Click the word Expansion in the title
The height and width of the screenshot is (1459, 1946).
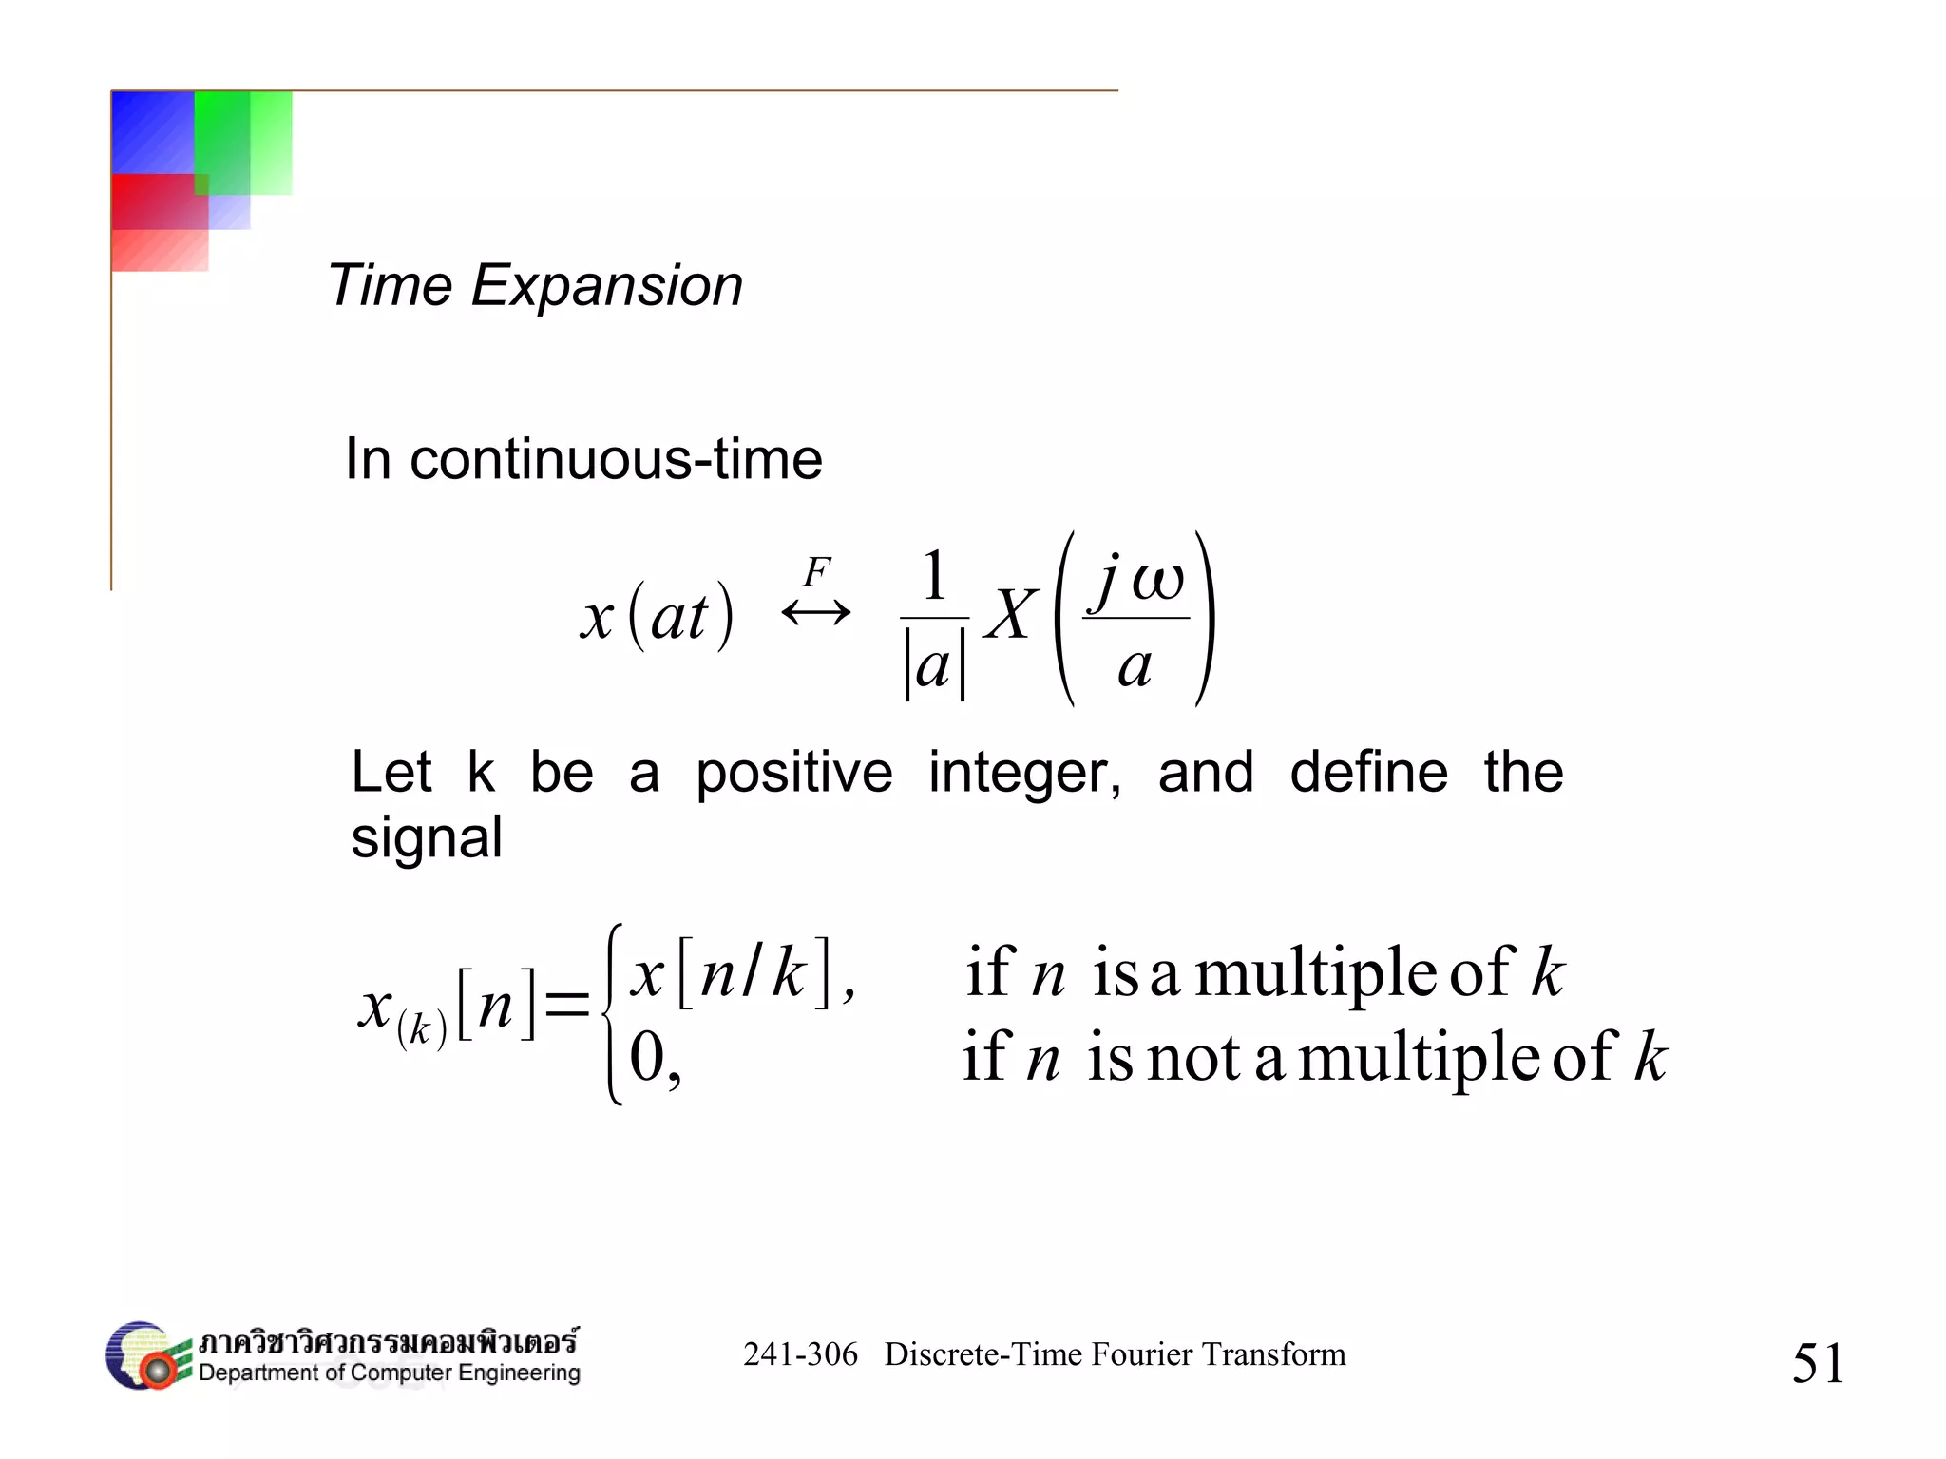[606, 286]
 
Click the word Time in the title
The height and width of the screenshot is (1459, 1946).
[390, 285]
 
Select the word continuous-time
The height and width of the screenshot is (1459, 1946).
[616, 460]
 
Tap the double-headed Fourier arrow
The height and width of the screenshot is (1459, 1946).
[815, 612]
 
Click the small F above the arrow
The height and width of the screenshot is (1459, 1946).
[816, 572]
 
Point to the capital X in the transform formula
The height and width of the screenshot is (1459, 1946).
[1010, 615]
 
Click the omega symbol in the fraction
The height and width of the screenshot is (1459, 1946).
[1157, 579]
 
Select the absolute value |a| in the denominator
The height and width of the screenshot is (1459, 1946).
[934, 668]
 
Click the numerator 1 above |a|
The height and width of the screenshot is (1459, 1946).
[935, 576]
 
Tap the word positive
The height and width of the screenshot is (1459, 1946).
[794, 772]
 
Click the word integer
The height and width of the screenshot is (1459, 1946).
[1023, 772]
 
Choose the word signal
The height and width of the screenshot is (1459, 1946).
[427, 838]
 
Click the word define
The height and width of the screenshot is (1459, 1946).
[1368, 772]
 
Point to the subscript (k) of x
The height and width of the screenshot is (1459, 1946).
[421, 1028]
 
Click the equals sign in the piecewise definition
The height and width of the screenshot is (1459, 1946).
[567, 1004]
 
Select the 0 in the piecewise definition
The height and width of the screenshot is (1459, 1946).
[648, 1057]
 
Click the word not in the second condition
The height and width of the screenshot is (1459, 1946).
[1193, 1058]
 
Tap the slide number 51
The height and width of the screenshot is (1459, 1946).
[1818, 1363]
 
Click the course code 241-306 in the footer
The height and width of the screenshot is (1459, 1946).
[800, 1354]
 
